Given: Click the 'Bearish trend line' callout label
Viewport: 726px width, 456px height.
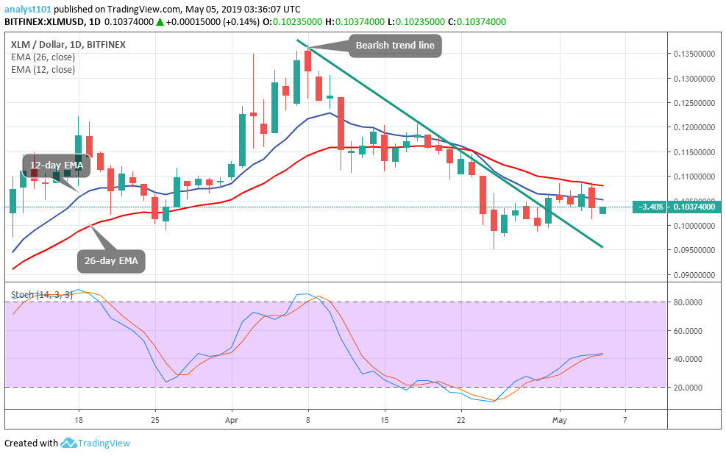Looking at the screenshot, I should click(x=395, y=46).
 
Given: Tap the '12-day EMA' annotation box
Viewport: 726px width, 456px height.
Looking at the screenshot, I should click(x=56, y=165).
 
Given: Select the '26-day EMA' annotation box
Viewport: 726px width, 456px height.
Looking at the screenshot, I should click(x=111, y=260).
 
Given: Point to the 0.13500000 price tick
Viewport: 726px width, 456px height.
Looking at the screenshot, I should click(x=695, y=54).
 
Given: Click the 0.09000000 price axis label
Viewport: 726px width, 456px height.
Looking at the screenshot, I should click(x=695, y=275).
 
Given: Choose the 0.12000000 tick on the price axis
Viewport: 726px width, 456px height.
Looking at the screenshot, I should click(x=695, y=127).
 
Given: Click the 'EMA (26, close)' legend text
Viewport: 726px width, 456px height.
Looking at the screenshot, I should click(x=43, y=57).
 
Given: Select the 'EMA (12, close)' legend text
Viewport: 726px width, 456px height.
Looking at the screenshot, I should click(x=43, y=70).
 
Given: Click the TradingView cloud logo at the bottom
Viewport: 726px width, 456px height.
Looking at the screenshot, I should click(x=68, y=443).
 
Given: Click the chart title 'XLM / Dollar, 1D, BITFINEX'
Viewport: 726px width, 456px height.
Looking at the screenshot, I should click(x=68, y=44).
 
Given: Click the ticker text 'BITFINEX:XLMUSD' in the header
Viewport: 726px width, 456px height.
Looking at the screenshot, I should click(x=41, y=24).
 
